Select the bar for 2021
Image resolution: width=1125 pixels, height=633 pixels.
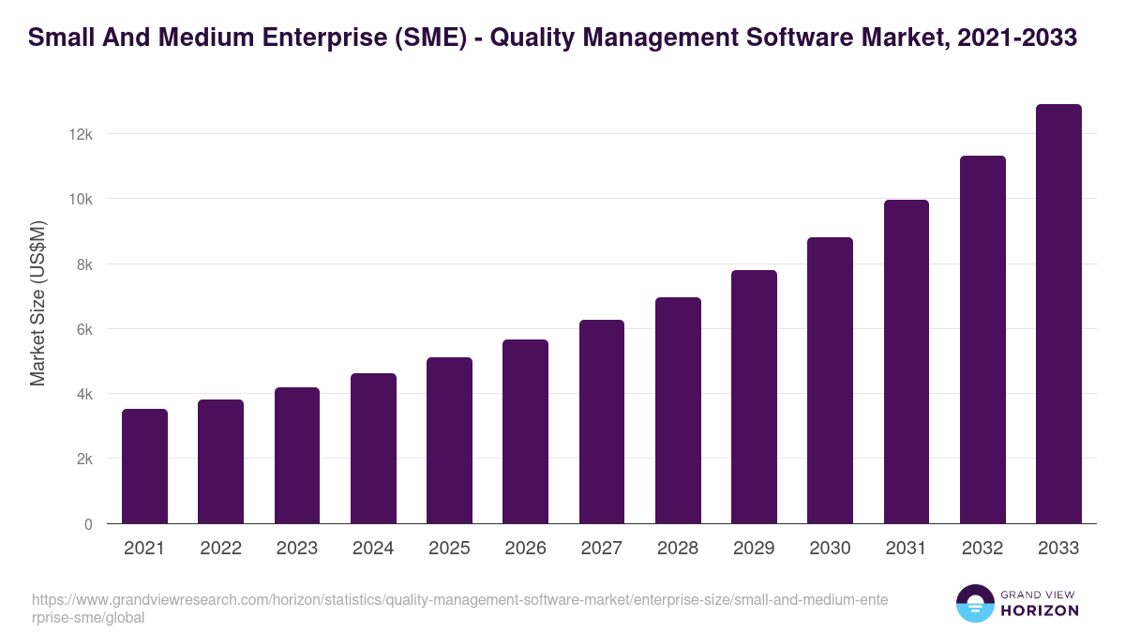(x=144, y=466)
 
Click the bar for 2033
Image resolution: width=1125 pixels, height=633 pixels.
(x=1058, y=314)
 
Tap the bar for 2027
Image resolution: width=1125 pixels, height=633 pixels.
(x=602, y=422)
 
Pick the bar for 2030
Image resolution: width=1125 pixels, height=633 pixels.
(x=830, y=381)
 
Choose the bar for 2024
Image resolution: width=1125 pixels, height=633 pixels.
(x=373, y=448)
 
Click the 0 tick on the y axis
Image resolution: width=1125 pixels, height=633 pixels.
(x=88, y=524)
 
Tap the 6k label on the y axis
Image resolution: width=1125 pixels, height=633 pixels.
(x=83, y=329)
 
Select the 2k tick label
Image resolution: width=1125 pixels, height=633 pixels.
(x=83, y=460)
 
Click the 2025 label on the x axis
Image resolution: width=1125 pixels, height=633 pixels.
(x=449, y=549)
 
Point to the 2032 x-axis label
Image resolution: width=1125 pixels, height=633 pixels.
(x=982, y=549)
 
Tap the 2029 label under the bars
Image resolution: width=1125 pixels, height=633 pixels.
(x=754, y=549)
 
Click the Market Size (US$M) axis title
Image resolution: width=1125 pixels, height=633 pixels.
(x=37, y=303)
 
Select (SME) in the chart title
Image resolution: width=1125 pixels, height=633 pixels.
(x=426, y=38)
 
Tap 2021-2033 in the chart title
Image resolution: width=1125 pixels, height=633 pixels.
(x=1019, y=38)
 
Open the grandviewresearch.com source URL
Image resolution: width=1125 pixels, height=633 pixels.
(x=459, y=608)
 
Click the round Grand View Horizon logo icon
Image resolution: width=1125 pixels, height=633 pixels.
(x=975, y=603)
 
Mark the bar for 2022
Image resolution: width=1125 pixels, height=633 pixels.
(x=220, y=461)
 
